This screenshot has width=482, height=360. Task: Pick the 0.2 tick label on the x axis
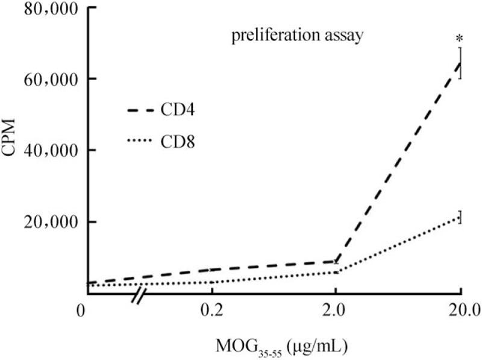click(211, 311)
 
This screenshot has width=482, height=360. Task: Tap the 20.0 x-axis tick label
click(460, 311)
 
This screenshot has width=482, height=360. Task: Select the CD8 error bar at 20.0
click(460, 217)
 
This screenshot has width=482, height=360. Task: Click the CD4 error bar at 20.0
click(460, 63)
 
